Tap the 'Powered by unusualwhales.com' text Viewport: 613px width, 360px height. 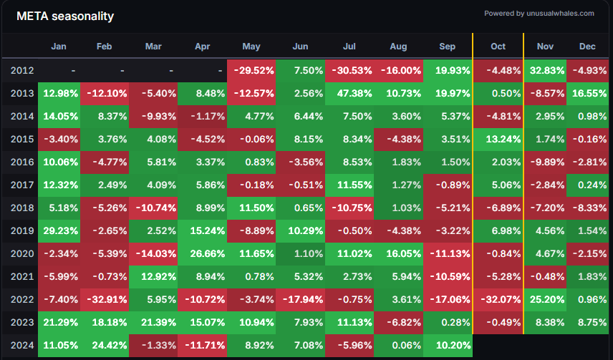coord(539,13)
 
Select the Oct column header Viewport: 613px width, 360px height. coord(498,47)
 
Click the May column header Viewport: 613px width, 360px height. coord(251,47)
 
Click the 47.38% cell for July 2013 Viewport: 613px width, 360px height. coord(349,93)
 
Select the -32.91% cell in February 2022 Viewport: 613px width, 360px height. coord(104,299)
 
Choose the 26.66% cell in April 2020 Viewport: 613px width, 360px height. coord(203,253)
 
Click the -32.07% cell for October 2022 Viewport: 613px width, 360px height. coord(498,299)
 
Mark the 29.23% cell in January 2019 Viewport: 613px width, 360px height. coord(59,230)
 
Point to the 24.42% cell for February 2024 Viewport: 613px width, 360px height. coord(104,346)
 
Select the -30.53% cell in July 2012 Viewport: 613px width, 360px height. coord(349,70)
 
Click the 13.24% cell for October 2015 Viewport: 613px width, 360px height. coord(498,139)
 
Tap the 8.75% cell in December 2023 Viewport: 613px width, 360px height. coord(587,323)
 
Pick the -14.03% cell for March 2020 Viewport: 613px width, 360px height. coord(153,253)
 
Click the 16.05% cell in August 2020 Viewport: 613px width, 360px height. coord(399,253)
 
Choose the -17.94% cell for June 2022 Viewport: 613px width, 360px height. coord(301,299)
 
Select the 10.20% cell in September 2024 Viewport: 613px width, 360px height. coord(447,346)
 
